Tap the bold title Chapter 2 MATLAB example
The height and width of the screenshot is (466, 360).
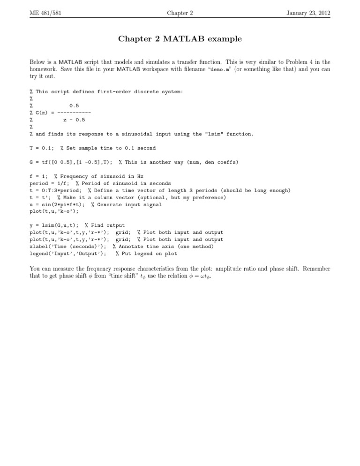(180, 39)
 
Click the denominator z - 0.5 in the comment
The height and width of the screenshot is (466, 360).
(74, 120)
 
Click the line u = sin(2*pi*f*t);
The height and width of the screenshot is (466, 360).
(57, 204)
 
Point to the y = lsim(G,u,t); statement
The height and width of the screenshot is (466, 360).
(54, 225)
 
